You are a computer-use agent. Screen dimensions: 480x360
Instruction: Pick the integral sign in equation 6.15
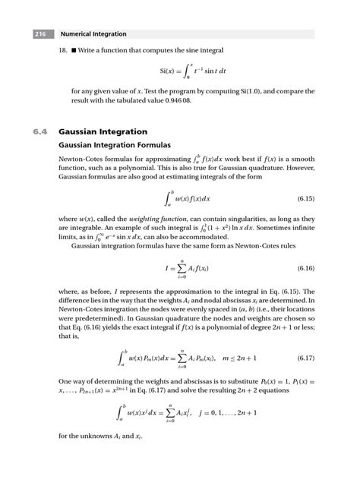[x=168, y=199]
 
